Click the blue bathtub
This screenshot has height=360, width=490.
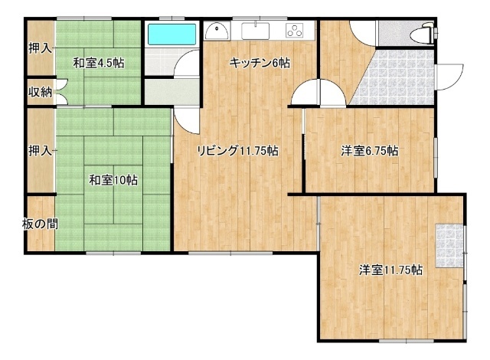click(171, 34)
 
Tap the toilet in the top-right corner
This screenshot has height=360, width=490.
click(422, 33)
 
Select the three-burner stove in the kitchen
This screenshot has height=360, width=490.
click(294, 31)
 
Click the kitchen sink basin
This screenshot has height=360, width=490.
click(255, 31)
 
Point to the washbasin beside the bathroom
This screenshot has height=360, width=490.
click(217, 31)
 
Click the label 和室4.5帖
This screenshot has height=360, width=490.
click(99, 63)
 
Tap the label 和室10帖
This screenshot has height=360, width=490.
click(113, 180)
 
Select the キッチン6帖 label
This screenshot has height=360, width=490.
click(260, 63)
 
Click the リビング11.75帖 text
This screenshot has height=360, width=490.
click(237, 151)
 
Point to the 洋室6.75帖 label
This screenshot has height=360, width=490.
click(369, 151)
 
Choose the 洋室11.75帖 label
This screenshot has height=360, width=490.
click(391, 270)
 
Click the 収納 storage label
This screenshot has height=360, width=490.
click(41, 92)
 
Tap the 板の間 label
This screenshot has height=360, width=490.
click(41, 224)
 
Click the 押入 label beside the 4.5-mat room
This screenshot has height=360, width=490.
click(41, 48)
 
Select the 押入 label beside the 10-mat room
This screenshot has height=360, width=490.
click(41, 151)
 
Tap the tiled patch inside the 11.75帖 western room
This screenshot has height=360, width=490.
click(449, 246)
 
